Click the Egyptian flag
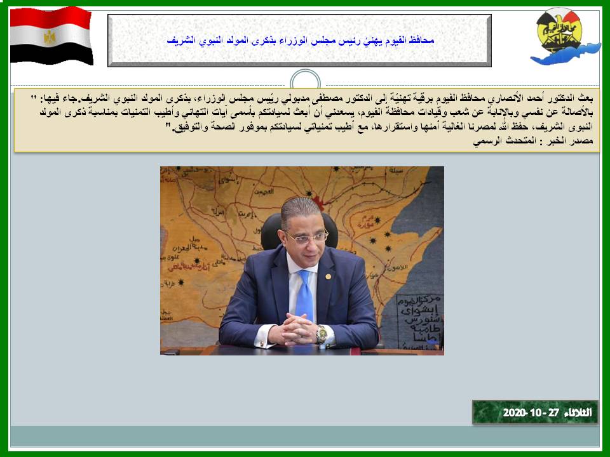[x=51, y=36]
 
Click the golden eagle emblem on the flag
[x=49, y=37]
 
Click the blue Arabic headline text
[x=300, y=40]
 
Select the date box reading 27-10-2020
[x=535, y=413]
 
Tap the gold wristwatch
[x=322, y=334]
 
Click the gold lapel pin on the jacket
[x=328, y=277]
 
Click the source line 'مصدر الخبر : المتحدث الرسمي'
[x=533, y=141]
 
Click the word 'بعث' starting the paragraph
[x=585, y=98]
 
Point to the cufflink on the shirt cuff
[x=262, y=344]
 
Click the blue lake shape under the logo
[x=566, y=55]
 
